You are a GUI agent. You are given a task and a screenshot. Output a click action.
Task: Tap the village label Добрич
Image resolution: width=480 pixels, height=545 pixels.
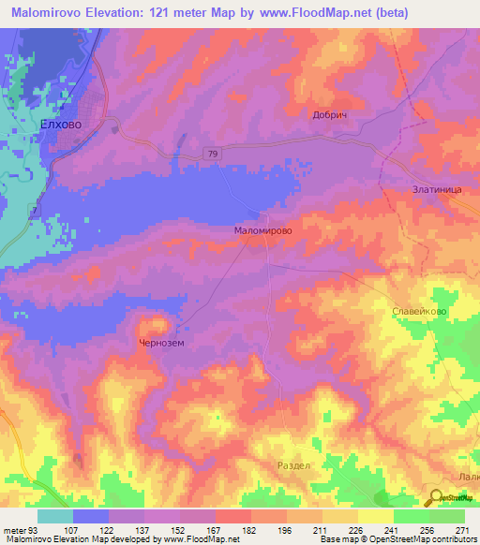[330, 114]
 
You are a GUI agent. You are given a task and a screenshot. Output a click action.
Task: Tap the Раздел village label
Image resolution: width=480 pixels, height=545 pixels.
[292, 465]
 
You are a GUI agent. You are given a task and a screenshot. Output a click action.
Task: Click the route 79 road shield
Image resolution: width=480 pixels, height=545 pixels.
[212, 154]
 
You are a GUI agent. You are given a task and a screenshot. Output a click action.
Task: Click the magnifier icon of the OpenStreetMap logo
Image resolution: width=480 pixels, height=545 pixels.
[435, 498]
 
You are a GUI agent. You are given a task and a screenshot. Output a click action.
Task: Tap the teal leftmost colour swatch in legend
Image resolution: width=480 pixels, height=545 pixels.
[55, 516]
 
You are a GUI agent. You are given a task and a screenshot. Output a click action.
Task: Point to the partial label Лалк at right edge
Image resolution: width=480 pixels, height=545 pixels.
[469, 477]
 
